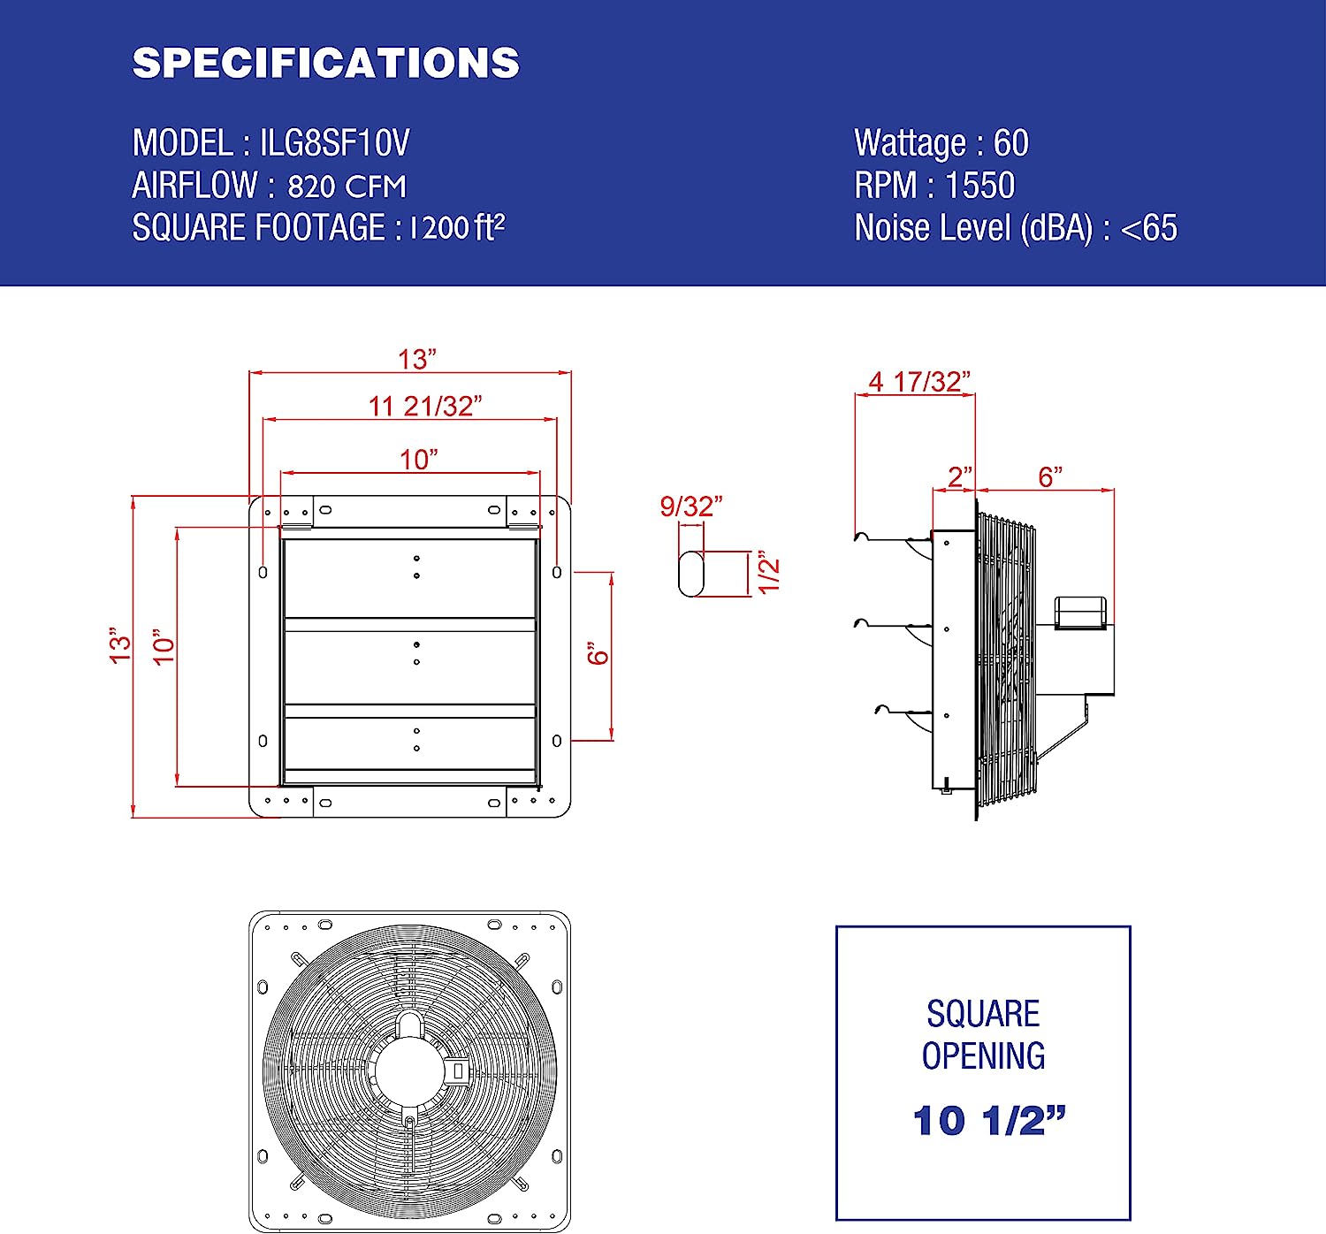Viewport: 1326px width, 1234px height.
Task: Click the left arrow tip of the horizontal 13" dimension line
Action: [249, 373]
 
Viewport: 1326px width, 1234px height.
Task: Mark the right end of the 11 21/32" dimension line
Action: [557, 419]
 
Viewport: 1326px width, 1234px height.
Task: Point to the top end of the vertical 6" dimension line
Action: [612, 572]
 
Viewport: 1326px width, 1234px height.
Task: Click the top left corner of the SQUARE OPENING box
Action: [836, 926]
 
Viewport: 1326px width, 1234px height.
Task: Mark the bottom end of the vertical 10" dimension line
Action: [177, 786]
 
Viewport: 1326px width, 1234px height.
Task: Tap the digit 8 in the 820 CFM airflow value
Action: [296, 187]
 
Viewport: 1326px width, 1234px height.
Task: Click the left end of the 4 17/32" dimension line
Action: [856, 395]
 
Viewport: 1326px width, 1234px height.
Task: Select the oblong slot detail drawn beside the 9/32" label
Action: [691, 573]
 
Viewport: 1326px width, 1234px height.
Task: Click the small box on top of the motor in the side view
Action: [1079, 613]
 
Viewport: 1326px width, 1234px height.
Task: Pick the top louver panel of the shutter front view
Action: [410, 578]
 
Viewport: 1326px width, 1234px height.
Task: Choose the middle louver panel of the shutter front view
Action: [410, 667]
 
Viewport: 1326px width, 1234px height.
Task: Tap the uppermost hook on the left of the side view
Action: [863, 537]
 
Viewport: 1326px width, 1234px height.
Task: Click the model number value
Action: [334, 143]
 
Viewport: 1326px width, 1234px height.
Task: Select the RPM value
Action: [980, 185]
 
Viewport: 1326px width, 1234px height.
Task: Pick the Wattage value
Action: [1011, 143]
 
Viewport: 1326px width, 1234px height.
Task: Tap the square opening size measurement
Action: [989, 1121]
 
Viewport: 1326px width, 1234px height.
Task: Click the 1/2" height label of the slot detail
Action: [769, 572]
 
